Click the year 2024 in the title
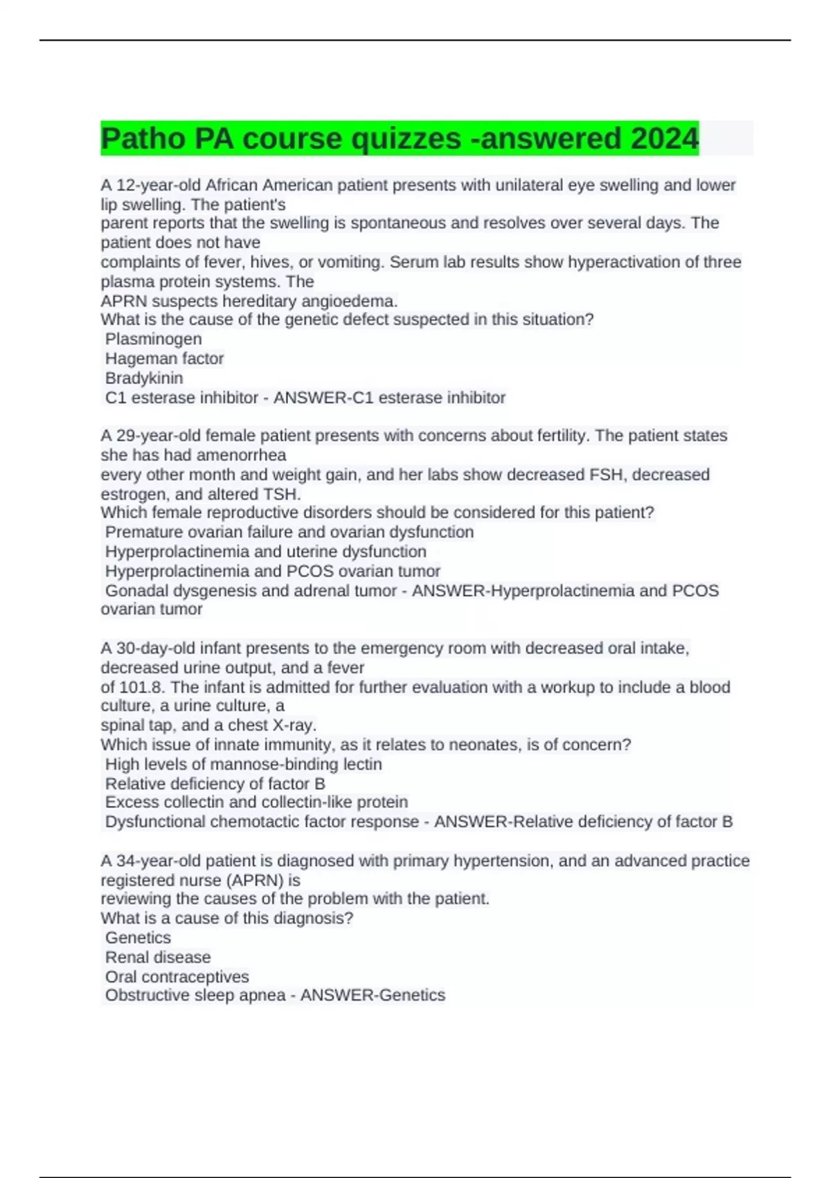click(664, 139)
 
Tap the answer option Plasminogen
click(154, 339)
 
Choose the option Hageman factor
click(164, 358)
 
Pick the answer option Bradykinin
click(144, 378)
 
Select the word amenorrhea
click(242, 455)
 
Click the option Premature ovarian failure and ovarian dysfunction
click(289, 531)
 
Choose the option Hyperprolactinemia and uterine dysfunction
click(266, 551)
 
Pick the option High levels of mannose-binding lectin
click(244, 764)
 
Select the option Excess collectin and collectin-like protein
click(256, 802)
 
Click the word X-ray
click(294, 725)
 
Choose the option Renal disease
click(158, 957)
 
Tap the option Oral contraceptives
click(177, 976)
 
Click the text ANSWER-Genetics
click(373, 995)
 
